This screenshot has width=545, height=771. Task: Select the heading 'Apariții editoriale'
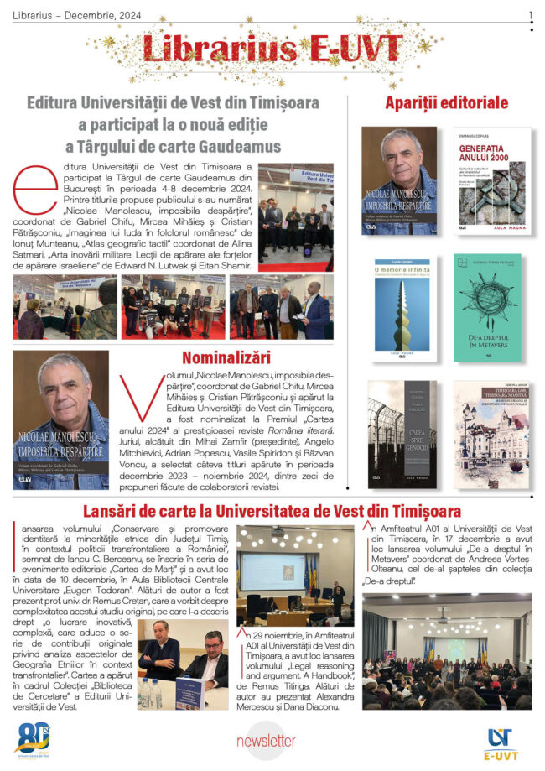tap(446, 103)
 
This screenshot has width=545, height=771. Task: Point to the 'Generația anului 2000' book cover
tap(492, 180)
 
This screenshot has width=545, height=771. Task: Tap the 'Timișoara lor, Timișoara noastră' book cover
tap(492, 434)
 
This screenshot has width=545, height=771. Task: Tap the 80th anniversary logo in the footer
tap(33, 737)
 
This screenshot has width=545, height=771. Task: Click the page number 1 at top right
tap(530, 15)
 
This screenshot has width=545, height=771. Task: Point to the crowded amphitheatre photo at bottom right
tap(447, 651)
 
